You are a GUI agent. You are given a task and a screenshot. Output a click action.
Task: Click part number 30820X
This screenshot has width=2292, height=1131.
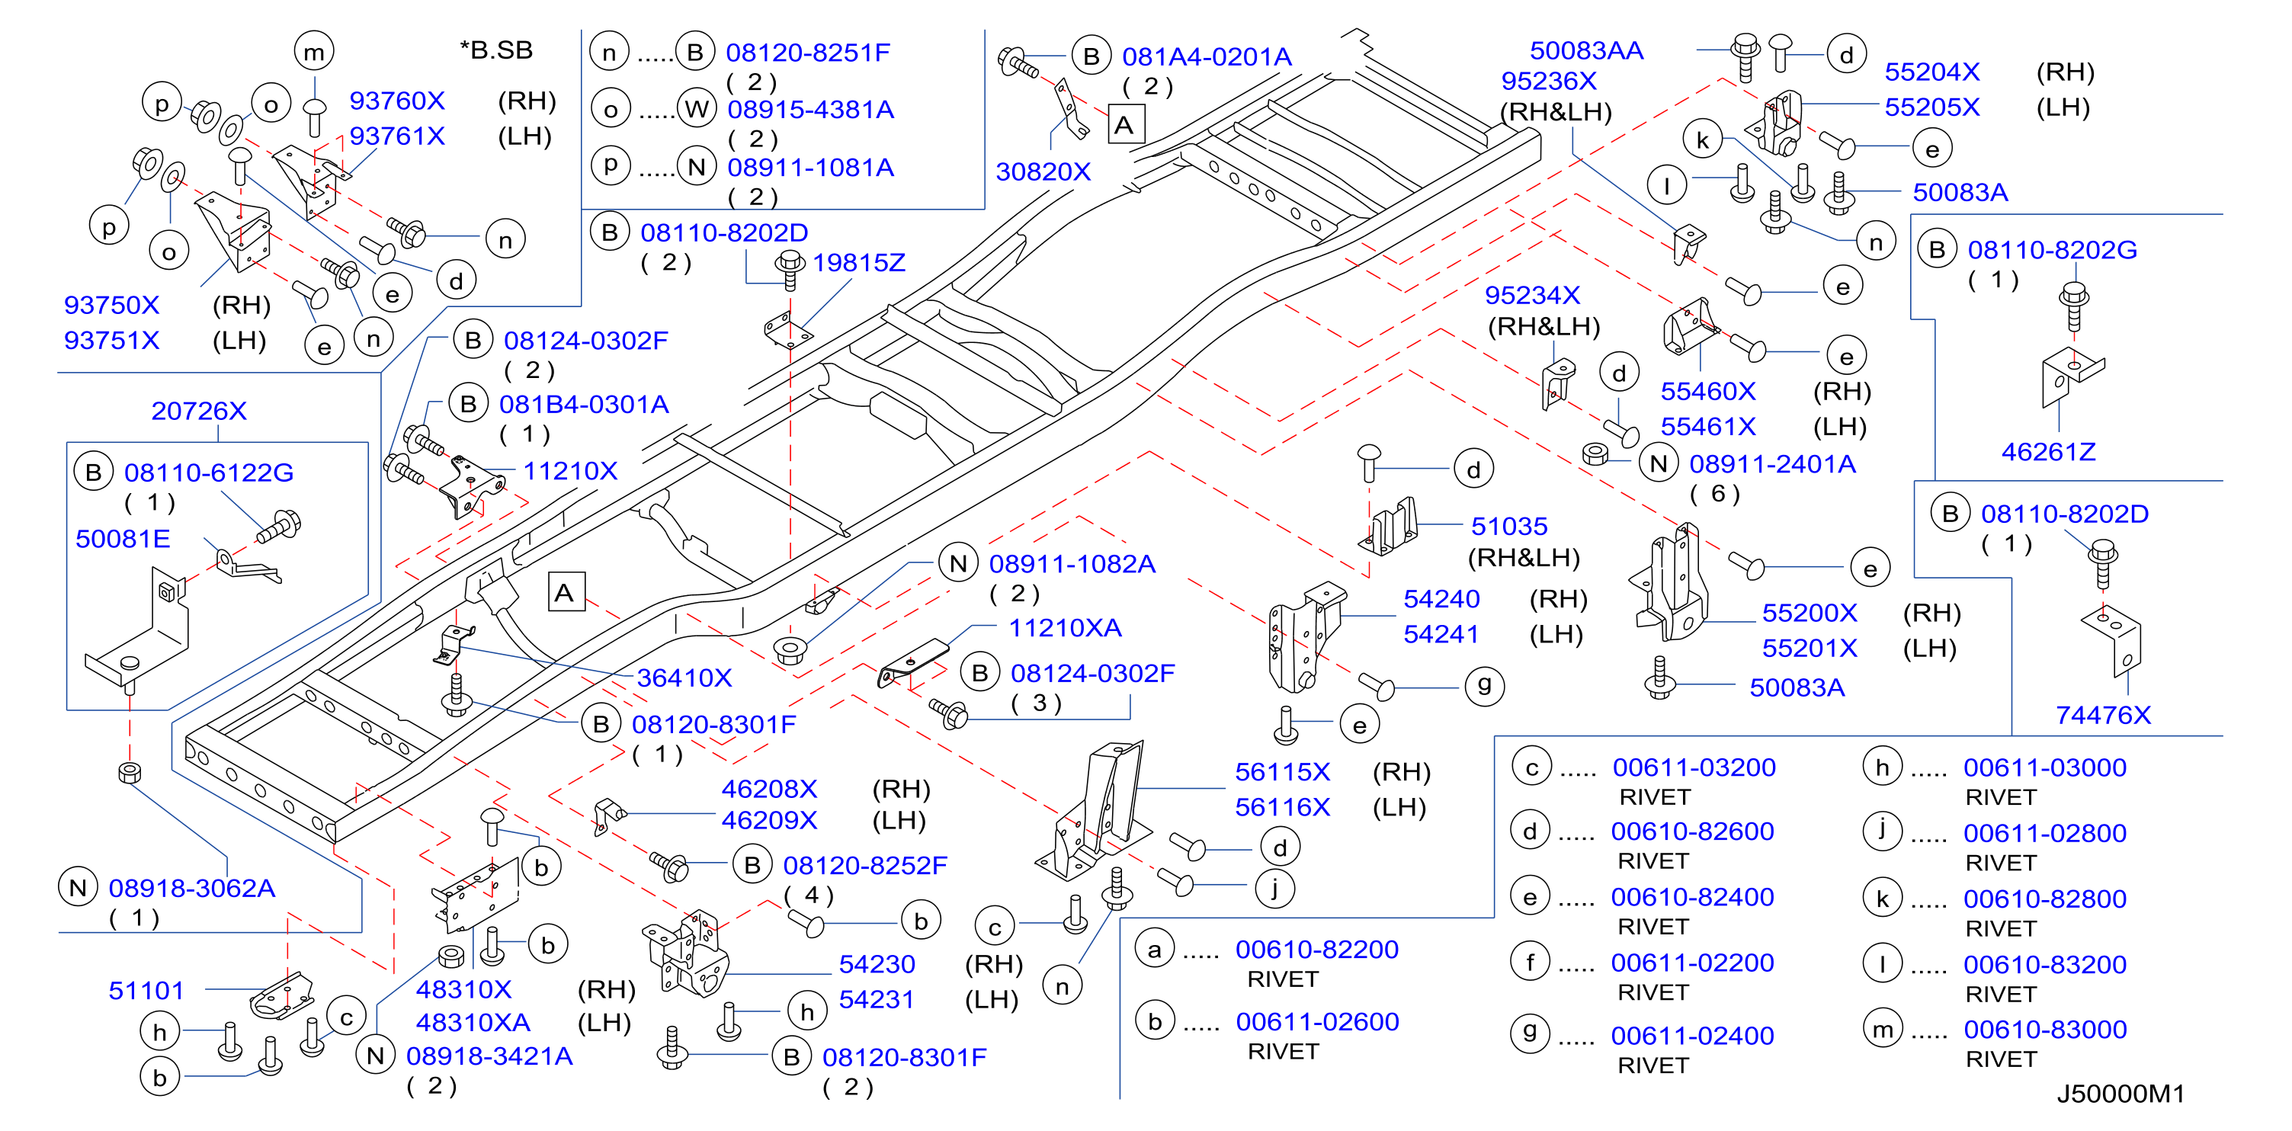[1043, 171]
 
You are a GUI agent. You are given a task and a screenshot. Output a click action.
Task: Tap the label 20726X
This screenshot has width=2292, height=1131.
[198, 411]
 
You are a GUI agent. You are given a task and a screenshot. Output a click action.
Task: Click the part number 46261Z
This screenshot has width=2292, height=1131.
[2048, 452]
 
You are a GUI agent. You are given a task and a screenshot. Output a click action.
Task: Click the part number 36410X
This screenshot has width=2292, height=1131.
[684, 678]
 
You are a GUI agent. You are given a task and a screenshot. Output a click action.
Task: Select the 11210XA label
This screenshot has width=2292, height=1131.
[1065, 628]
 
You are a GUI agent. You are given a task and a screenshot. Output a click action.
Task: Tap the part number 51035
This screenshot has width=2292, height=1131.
[1509, 526]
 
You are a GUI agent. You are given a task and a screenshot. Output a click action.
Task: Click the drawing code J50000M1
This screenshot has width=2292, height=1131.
[2121, 1094]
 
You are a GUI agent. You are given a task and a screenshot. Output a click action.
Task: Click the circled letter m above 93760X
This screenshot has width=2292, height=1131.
[314, 52]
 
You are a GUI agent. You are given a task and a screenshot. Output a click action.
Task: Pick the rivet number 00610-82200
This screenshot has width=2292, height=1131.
[1317, 950]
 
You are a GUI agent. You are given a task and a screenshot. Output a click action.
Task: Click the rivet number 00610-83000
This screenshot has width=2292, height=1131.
[2044, 1030]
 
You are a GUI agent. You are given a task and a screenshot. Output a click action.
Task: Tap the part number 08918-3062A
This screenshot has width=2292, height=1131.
[192, 888]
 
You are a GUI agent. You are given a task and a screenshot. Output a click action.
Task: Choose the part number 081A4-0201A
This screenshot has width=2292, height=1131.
[1207, 57]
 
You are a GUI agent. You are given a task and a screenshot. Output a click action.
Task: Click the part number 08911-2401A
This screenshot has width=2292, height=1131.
[1772, 463]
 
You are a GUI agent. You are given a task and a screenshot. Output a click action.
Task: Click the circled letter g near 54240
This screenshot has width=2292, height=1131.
[1484, 685]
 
